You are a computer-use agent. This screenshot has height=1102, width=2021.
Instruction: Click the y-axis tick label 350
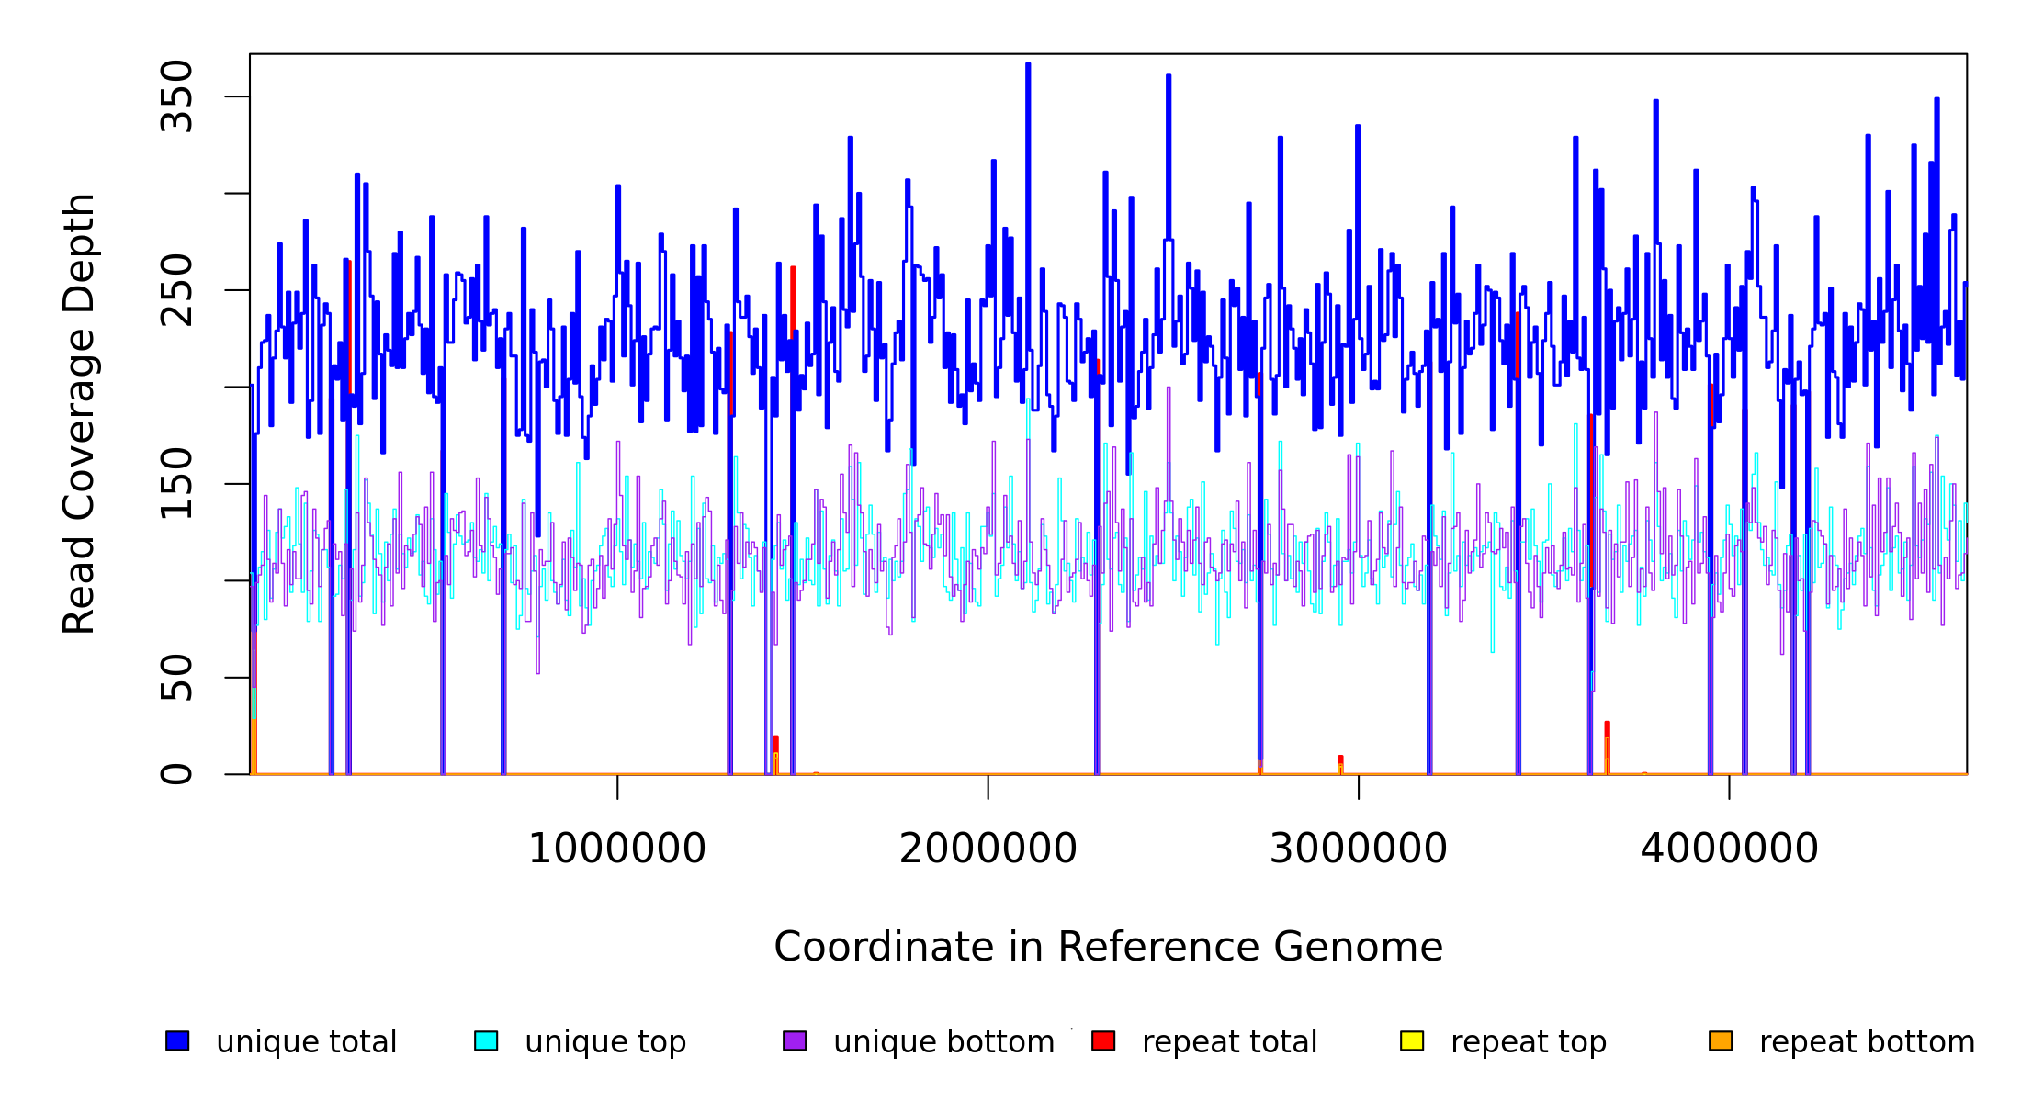click(176, 96)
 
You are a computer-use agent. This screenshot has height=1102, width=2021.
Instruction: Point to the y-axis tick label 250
click(176, 290)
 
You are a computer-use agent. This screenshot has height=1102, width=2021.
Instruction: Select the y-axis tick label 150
click(176, 484)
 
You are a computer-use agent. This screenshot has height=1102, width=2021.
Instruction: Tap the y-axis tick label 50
click(176, 678)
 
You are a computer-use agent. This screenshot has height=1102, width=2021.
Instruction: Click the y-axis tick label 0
click(176, 774)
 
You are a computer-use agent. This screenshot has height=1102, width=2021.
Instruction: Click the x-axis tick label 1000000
click(617, 849)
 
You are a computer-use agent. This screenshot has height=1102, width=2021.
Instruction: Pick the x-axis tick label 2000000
click(988, 849)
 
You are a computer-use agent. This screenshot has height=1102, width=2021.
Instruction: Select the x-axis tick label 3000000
click(1359, 849)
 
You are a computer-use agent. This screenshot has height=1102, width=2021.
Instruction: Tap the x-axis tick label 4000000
click(1730, 849)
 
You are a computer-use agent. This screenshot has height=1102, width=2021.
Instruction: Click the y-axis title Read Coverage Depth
click(79, 413)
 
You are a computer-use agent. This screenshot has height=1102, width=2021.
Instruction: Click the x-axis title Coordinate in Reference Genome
click(1108, 947)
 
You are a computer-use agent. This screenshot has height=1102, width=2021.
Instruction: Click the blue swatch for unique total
click(177, 1040)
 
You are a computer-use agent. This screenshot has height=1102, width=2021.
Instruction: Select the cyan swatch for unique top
click(486, 1040)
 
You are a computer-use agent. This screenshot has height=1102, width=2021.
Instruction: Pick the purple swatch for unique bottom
click(795, 1040)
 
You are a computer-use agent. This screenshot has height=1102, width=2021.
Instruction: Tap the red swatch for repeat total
click(1103, 1040)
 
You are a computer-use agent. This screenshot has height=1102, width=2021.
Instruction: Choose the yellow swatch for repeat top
click(1412, 1040)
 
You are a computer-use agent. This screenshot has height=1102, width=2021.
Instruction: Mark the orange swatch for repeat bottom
click(1721, 1040)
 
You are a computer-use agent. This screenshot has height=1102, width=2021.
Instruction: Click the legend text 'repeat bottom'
click(1867, 1042)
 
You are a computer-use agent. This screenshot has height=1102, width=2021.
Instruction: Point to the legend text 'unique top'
click(605, 1042)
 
